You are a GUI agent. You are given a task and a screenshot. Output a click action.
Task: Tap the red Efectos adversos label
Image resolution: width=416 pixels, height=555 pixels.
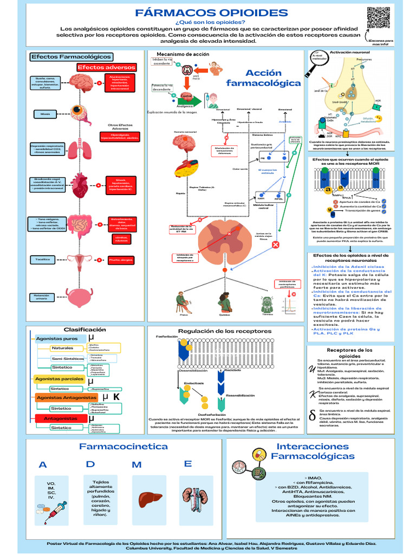pyautogui.click(x=106, y=68)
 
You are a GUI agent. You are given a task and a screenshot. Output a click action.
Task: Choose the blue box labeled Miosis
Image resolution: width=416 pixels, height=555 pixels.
pyautogui.click(x=45, y=114)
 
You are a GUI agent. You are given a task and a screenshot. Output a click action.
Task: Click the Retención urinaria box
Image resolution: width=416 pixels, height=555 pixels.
pyautogui.click(x=45, y=297)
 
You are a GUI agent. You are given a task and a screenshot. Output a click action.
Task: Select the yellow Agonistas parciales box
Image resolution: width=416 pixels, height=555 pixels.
pyautogui.click(x=59, y=379)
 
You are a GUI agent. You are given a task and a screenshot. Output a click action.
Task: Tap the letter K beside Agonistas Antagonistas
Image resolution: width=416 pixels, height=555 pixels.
pyautogui.click(x=116, y=397)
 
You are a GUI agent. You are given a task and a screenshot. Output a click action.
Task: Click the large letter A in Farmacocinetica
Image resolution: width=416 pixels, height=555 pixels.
pyautogui.click(x=43, y=465)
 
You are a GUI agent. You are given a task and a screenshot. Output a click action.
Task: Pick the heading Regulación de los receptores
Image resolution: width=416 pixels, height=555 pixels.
pyautogui.click(x=225, y=331)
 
